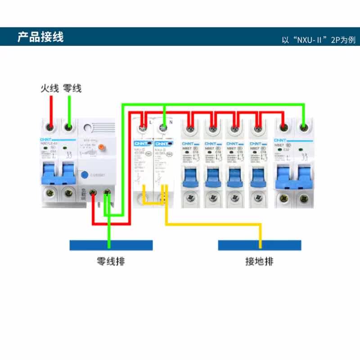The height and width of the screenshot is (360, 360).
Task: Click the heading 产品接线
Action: click(40, 36)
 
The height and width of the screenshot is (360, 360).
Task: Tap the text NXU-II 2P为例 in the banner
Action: click(319, 40)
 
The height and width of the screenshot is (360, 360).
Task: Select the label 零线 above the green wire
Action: click(72, 88)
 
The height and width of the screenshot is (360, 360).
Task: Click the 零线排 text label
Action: click(110, 261)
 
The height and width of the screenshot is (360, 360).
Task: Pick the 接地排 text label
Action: click(259, 261)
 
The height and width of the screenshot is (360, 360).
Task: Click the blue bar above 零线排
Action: click(111, 245)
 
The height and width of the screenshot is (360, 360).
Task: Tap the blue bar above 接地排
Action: click(260, 245)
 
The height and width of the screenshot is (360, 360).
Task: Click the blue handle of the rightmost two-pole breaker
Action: click(293, 175)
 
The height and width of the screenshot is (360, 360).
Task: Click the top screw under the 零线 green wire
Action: click(69, 128)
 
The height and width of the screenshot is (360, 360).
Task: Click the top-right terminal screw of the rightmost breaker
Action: click(304, 128)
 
